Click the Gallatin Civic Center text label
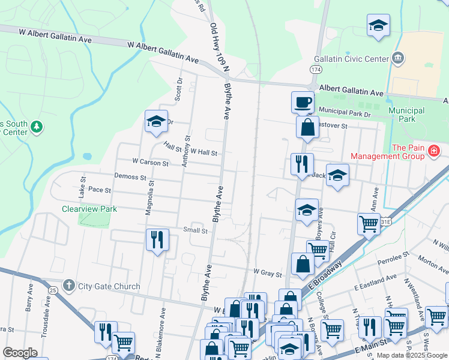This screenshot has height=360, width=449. [351, 59]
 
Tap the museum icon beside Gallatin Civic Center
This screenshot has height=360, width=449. [397, 58]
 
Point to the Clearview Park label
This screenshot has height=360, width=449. [89, 209]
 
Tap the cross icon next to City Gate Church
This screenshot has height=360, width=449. [70, 285]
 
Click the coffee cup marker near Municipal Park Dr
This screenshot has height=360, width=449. [303, 101]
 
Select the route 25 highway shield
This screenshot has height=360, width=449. [53, 290]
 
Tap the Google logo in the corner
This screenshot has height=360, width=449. [20, 353]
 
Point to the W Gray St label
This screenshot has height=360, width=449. [267, 274]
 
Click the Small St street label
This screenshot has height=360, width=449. [196, 230]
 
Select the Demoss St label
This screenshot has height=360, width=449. [131, 178]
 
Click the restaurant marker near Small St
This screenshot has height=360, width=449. [157, 239]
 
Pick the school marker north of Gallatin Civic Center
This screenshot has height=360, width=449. [378, 26]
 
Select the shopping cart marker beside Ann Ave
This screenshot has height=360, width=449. [368, 224]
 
